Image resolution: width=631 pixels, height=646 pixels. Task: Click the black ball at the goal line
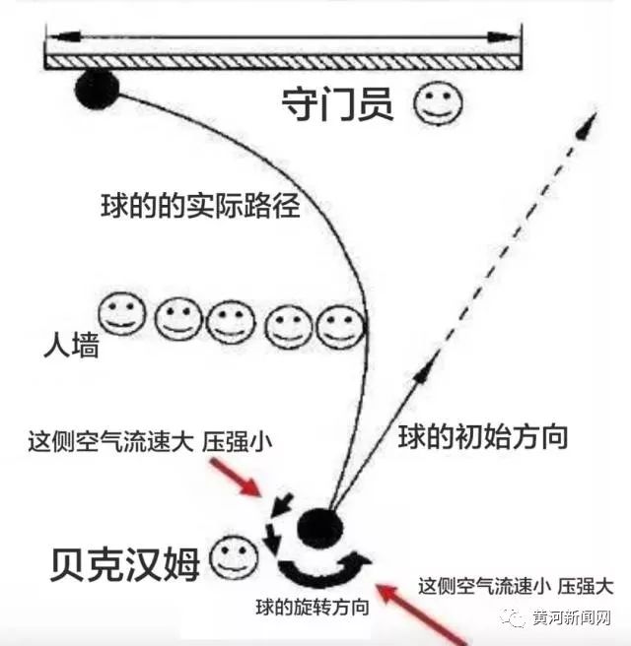[x=97, y=90]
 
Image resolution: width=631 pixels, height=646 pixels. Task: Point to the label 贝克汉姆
[x=124, y=562]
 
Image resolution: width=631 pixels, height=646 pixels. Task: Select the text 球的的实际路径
[x=200, y=208]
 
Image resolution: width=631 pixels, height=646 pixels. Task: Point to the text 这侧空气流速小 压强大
[x=515, y=586]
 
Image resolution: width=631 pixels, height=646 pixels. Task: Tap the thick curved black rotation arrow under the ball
[x=320, y=570]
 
